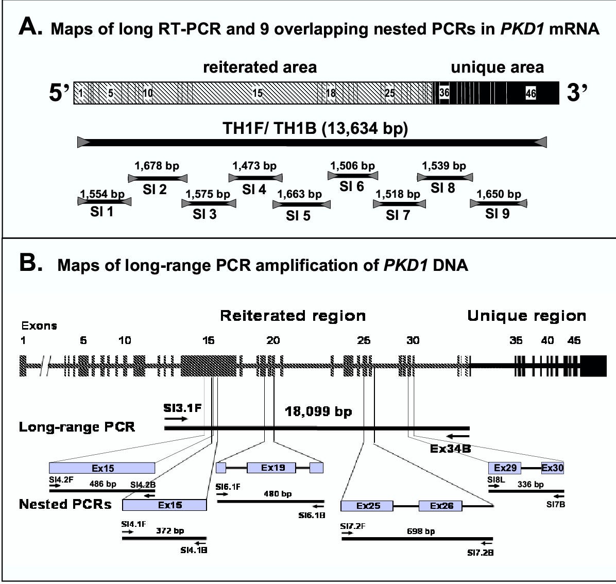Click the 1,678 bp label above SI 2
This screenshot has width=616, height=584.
tap(157, 166)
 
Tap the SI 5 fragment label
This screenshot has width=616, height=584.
tap(298, 216)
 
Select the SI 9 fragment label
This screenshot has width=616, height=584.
tap(498, 214)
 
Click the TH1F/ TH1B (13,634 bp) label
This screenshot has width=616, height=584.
tap(315, 128)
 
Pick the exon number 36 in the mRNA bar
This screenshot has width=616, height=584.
tap(444, 93)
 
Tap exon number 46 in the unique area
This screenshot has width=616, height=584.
tap(531, 93)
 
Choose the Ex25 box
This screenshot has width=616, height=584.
tap(367, 506)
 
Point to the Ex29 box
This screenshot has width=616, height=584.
tap(505, 468)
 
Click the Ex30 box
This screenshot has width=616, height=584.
tap(553, 468)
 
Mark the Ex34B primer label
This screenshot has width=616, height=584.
tap(451, 449)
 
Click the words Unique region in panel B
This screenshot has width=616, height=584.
tap(526, 316)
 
